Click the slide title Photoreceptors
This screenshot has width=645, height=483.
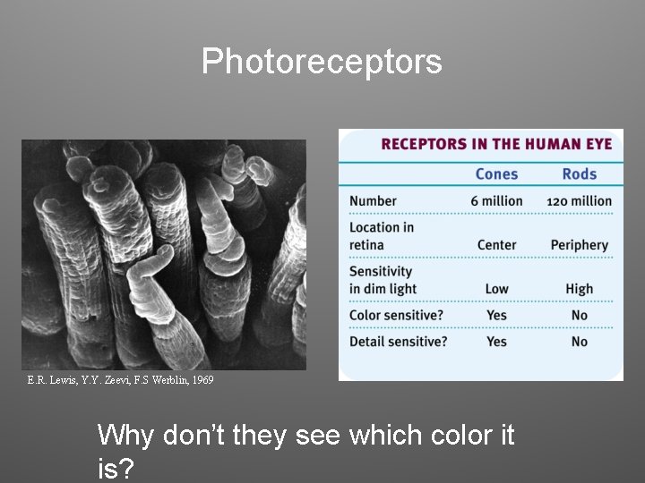coord(322,62)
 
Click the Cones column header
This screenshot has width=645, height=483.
coord(496,174)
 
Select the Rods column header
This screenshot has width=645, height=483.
coord(579,174)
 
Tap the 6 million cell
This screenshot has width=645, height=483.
coord(496,201)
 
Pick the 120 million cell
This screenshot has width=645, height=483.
coord(579,201)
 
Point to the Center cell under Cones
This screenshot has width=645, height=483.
coord(496,245)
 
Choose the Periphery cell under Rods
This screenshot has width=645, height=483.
coord(579,245)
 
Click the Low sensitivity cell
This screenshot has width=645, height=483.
coord(496,289)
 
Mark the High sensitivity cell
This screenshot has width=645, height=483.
coord(579,289)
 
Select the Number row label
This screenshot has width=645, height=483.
coord(373,201)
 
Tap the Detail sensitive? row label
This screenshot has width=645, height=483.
coord(398,342)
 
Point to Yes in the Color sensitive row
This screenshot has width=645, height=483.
coord(496,315)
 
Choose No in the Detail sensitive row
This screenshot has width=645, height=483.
coord(579,342)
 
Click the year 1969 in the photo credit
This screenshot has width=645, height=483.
coord(202,380)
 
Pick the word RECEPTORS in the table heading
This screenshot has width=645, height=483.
coord(424,144)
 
